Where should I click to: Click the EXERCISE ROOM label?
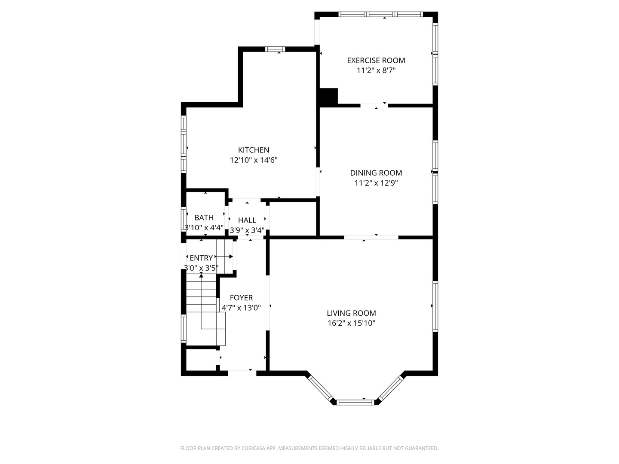[x=376, y=61]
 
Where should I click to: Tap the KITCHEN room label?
[x=254, y=150]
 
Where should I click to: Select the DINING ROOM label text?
[x=376, y=173]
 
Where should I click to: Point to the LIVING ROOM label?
[x=351, y=313]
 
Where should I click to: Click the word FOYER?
[x=241, y=298]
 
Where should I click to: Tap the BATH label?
[x=204, y=218]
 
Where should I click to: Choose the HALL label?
[x=247, y=220]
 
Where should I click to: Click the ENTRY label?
[x=201, y=258]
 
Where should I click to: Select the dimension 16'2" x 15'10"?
[x=351, y=323]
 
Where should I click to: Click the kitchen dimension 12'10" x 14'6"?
[x=254, y=160]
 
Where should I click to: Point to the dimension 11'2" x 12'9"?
[x=376, y=183]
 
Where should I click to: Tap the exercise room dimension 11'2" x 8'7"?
[x=376, y=70]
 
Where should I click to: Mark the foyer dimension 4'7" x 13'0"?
[x=241, y=308]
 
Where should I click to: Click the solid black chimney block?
[x=328, y=97]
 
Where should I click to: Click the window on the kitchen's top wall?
[x=275, y=49]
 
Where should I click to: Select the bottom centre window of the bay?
[x=355, y=402]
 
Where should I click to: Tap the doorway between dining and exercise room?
[x=374, y=105]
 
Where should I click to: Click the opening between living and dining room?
[x=371, y=238]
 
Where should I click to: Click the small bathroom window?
[x=184, y=219]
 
